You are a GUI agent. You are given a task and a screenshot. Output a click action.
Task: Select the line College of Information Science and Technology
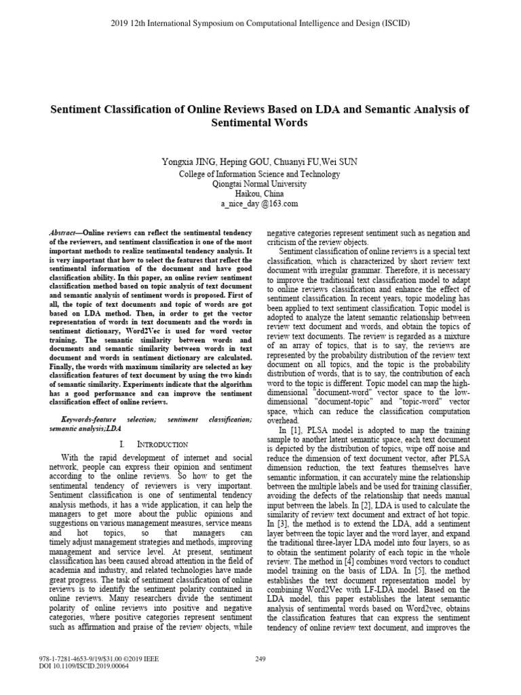259,174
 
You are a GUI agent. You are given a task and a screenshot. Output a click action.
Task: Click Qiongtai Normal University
259,184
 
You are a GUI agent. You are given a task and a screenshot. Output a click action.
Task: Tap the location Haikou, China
259,193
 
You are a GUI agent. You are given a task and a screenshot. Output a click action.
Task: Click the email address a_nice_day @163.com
259,204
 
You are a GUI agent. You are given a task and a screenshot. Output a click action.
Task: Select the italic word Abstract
66,233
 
